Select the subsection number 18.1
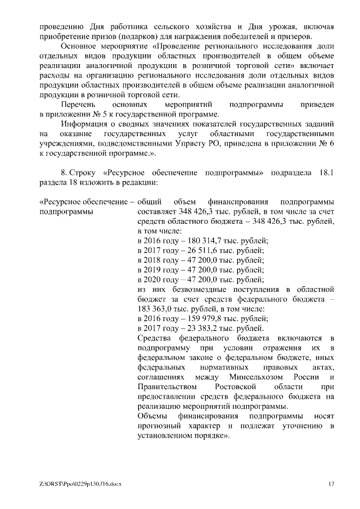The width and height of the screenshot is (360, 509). pyautogui.click(x=326, y=173)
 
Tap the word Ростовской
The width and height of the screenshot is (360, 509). pyautogui.click(x=236, y=387)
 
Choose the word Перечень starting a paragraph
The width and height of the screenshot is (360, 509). pyautogui.click(x=79, y=105)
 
